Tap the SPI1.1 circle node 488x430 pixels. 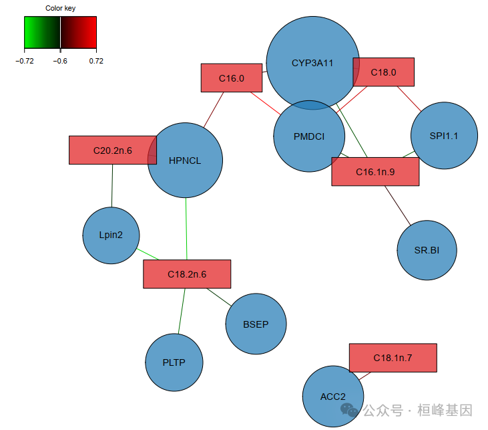click(444, 135)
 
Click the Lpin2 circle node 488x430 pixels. click(111, 235)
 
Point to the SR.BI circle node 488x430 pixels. click(427, 250)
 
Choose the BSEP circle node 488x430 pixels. click(256, 324)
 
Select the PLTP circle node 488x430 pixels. click(174, 362)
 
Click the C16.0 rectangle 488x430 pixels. click(231, 78)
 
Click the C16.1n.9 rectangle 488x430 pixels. click(375, 172)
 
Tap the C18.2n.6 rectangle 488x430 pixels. click(187, 274)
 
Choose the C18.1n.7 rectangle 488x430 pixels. click(393, 358)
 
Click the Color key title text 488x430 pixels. click(60, 8)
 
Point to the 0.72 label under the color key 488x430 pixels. click(96, 61)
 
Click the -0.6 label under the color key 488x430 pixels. click(60, 61)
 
